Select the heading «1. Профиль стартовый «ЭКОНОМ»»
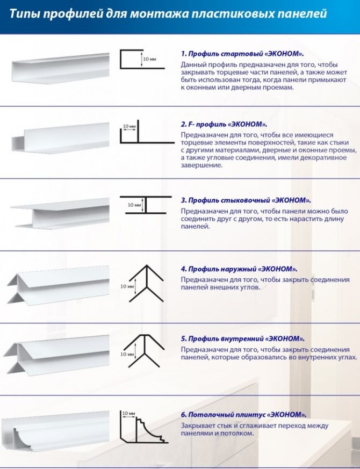click(x=242, y=54)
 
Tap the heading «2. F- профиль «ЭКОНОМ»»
click(x=224, y=124)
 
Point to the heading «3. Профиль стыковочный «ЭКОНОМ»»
click(x=246, y=200)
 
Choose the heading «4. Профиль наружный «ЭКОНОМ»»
click(x=239, y=269)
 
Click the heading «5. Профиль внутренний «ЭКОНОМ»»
click(x=243, y=338)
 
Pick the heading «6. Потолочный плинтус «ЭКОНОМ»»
click(x=243, y=415)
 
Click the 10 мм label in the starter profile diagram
click(x=149, y=59)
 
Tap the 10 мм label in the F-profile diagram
click(x=129, y=127)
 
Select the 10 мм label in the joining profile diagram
click(x=134, y=205)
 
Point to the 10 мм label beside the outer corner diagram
click(x=127, y=286)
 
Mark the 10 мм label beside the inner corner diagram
click(x=127, y=355)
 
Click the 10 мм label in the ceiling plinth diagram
click(x=129, y=413)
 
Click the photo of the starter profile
click(x=61, y=68)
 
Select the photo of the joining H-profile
click(x=60, y=213)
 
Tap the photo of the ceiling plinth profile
click(x=55, y=431)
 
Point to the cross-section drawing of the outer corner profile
click(x=147, y=283)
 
